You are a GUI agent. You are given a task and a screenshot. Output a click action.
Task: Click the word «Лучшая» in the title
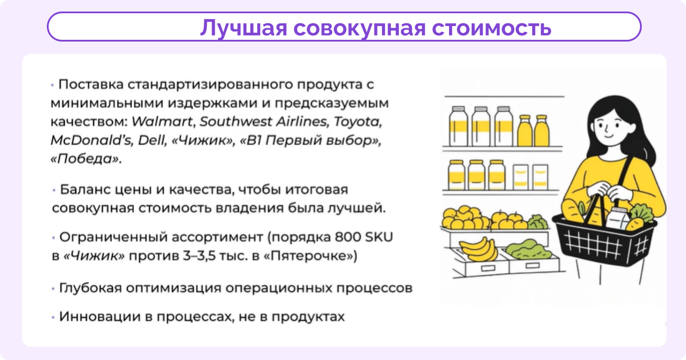[x=244, y=28]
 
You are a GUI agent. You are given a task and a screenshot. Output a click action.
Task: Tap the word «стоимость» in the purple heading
[x=492, y=28]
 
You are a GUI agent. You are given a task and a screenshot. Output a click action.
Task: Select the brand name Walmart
[x=162, y=122]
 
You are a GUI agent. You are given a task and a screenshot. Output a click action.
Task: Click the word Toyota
[x=358, y=122]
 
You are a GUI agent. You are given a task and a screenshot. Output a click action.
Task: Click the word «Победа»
[x=86, y=159]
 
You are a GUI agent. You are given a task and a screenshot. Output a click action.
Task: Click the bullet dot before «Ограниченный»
[x=53, y=238]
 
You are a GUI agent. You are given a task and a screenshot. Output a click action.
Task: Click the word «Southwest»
[x=236, y=122]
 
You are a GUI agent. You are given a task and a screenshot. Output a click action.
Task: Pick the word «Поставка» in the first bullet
[x=91, y=84]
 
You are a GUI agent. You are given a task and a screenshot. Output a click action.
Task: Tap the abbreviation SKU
[x=379, y=237]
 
